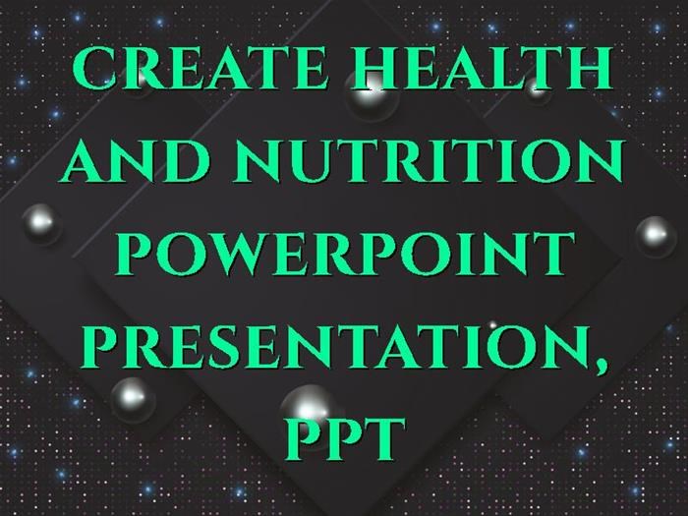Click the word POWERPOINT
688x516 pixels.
coord(344,254)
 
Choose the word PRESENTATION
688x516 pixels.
coord(339,346)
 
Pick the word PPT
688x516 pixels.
coord(345,438)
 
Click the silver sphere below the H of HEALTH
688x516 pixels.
coord(372,97)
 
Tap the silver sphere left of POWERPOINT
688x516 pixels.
coord(41,224)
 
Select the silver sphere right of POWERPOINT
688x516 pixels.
coord(656,236)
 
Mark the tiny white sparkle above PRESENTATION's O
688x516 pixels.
coord(492,325)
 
